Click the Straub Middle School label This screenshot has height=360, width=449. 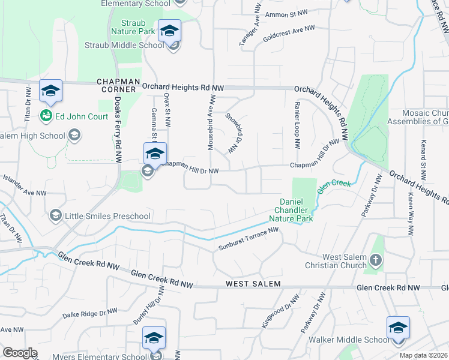(124, 45)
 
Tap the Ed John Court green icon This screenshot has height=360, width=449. (46, 115)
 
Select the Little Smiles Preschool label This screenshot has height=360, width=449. (100, 216)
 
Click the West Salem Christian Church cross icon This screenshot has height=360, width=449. (376, 260)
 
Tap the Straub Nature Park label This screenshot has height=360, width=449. (128, 28)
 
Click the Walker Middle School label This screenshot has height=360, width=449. (349, 340)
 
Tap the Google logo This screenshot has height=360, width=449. (20, 353)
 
